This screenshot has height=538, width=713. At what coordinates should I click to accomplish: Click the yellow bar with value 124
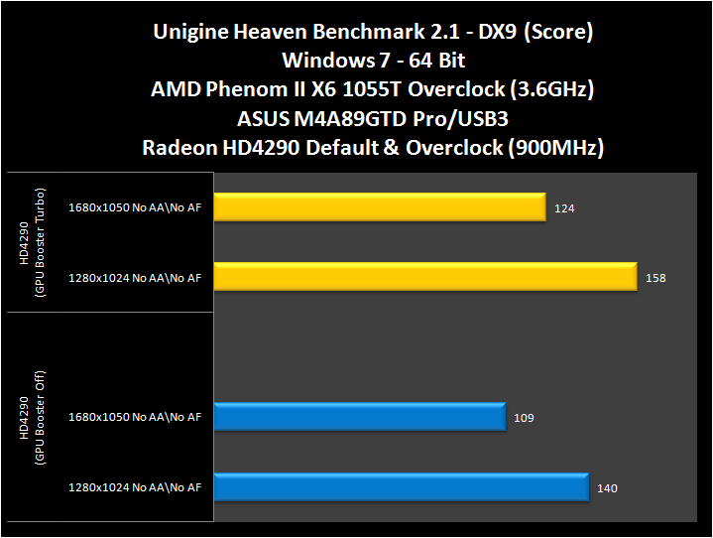tap(379, 208)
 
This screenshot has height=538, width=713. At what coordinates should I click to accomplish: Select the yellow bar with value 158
tap(424, 277)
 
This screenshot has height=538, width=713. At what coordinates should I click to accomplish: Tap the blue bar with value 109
tap(359, 417)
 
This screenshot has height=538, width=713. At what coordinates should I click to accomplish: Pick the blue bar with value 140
tap(401, 487)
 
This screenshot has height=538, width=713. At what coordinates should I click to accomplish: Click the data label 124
tap(565, 208)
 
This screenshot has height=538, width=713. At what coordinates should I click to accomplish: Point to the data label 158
tap(655, 278)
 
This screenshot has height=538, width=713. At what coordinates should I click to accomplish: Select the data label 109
tap(524, 418)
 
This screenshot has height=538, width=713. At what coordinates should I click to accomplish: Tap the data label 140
tap(608, 488)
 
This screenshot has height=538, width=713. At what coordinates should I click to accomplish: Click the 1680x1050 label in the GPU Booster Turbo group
tap(135, 208)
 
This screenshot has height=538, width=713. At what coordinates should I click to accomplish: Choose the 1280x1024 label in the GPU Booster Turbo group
tap(135, 278)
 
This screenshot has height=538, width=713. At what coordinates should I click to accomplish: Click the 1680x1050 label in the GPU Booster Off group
tap(135, 418)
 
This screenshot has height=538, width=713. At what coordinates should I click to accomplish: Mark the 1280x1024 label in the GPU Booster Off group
tap(135, 487)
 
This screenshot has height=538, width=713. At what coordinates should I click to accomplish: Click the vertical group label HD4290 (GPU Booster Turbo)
tap(31, 243)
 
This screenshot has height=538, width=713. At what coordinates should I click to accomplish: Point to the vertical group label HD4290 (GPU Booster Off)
tap(31, 417)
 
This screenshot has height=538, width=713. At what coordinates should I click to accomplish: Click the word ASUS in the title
tap(263, 120)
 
